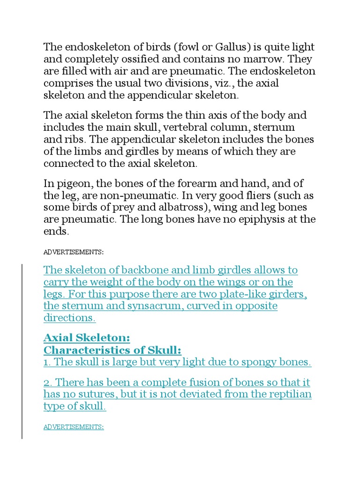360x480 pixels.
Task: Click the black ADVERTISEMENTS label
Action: click(74, 252)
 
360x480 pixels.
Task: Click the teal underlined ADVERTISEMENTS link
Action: click(74, 427)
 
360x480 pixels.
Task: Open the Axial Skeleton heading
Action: click(86, 338)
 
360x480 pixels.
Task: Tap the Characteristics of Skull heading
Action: click(112, 350)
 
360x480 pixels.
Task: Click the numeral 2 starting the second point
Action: click(46, 382)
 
